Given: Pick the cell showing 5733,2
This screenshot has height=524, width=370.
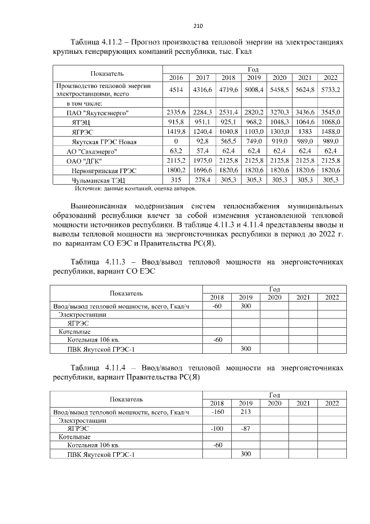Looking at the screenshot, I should pos(331,90).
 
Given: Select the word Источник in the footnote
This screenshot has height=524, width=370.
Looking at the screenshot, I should pos(88,189).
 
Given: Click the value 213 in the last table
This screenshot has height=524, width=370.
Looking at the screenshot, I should pos(246,412).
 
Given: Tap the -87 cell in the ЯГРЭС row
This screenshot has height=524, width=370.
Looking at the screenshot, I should pos(246,428).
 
